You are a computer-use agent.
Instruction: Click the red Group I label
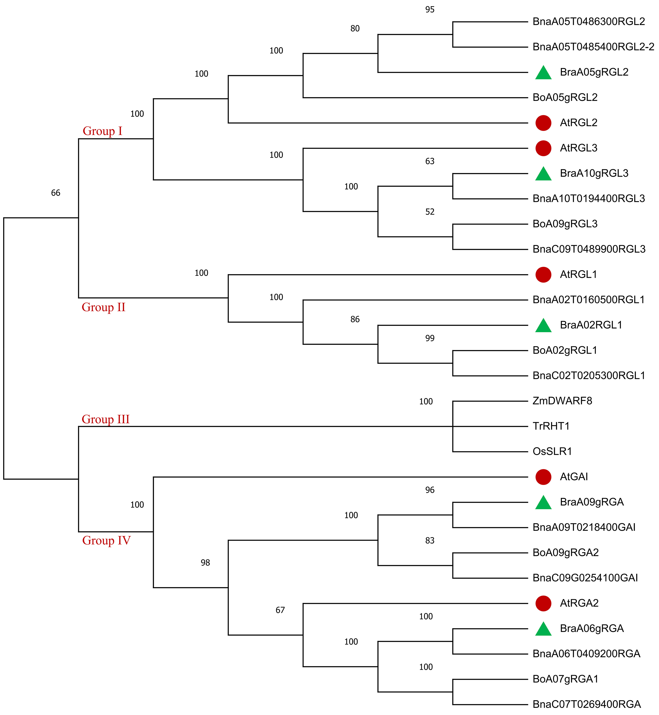click(102, 131)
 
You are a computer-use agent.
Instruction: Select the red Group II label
click(103, 307)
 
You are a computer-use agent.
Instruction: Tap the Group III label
click(106, 419)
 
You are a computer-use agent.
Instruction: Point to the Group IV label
click(106, 540)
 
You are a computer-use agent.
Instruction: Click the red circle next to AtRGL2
click(543, 123)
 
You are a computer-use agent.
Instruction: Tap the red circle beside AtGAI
click(543, 477)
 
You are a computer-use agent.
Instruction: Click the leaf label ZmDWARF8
click(562, 401)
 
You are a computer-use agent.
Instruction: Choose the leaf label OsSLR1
click(552, 452)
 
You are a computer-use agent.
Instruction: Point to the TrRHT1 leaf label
click(551, 426)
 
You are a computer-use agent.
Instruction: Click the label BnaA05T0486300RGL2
click(588, 22)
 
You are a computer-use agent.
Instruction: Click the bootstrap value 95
click(430, 10)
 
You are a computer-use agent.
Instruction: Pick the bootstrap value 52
click(430, 212)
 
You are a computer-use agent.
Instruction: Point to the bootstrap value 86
click(355, 319)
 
